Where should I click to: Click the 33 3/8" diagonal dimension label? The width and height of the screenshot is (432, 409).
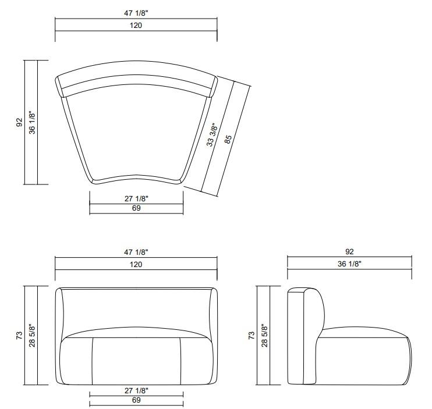click(x=214, y=135)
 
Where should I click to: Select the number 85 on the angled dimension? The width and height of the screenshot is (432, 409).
click(x=228, y=138)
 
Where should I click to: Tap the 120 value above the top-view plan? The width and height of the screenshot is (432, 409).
click(x=136, y=25)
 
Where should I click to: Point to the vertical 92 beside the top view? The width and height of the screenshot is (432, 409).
click(x=19, y=122)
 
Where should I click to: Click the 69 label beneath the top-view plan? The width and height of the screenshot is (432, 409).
click(x=136, y=208)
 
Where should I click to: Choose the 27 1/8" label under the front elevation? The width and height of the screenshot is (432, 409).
click(x=136, y=392)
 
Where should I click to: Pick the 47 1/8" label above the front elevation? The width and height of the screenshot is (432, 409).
click(x=136, y=252)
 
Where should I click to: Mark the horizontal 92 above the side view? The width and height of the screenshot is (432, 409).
click(x=349, y=252)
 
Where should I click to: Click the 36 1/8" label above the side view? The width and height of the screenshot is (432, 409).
click(x=349, y=264)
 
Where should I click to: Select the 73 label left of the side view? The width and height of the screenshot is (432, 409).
click(x=252, y=336)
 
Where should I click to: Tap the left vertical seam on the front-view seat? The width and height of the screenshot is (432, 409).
click(x=93, y=361)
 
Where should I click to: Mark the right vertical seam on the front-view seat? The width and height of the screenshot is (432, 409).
click(x=180, y=361)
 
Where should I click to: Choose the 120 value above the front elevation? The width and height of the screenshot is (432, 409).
click(x=136, y=264)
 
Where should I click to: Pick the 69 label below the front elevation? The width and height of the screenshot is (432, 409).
click(x=136, y=401)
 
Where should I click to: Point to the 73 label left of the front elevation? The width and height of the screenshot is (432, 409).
click(x=19, y=336)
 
